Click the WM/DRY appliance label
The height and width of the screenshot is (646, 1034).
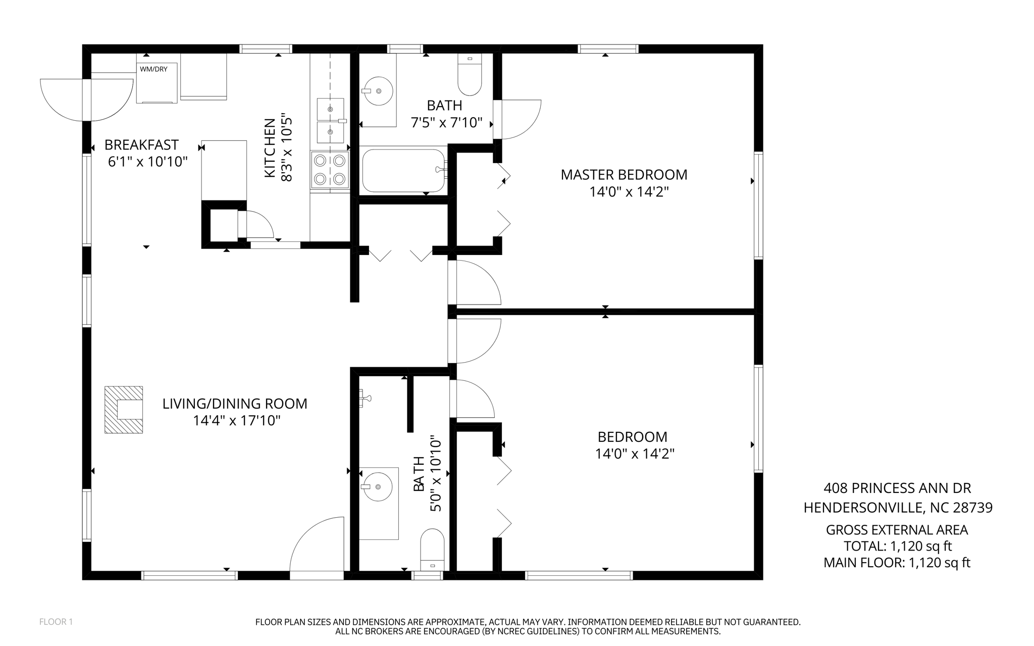[153, 69]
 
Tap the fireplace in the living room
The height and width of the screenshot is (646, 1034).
[124, 410]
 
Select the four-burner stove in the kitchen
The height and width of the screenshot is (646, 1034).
[330, 170]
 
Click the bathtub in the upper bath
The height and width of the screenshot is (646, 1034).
[404, 170]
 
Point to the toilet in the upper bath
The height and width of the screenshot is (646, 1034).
[470, 74]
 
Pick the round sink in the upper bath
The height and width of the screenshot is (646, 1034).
[378, 91]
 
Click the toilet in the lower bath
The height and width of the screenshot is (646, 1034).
[432, 550]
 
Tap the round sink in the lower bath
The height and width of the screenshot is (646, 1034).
[378, 486]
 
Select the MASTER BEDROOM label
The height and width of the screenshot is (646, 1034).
[624, 175]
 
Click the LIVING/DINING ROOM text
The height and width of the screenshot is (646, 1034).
[235, 404]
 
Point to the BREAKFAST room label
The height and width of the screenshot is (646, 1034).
[141, 145]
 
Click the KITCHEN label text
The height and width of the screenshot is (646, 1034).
[270, 147]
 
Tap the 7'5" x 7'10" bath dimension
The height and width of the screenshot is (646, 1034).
[447, 122]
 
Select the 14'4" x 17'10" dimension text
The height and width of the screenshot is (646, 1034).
[236, 421]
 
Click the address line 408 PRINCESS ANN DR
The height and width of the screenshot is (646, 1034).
[897, 488]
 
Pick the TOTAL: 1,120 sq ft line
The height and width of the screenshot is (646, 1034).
[898, 546]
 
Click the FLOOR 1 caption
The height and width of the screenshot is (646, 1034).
[56, 622]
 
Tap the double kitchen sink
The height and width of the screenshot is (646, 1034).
[331, 121]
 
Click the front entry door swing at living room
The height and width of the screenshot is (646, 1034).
[317, 548]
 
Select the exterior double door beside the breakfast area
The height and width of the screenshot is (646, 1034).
[86, 100]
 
